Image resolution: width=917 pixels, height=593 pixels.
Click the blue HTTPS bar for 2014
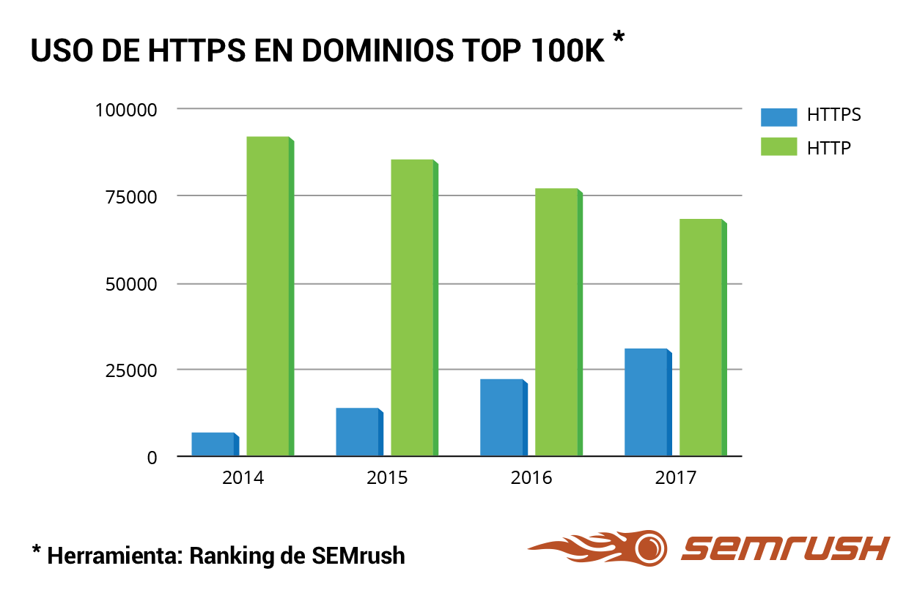214,444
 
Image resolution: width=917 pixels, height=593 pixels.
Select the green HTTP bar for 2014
269,296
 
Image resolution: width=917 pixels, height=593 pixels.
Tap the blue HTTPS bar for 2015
358,432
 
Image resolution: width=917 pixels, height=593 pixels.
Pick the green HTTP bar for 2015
413,307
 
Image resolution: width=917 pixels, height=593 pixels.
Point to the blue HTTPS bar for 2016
503,417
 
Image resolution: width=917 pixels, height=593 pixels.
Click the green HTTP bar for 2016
558,322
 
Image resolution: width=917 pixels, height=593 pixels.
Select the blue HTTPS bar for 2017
647,402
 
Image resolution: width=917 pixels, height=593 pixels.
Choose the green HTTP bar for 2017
702,337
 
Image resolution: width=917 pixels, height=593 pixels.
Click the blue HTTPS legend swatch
778,116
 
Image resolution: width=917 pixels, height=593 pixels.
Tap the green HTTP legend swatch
778,146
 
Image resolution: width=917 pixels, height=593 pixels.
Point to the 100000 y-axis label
126,110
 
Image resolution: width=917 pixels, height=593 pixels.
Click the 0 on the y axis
152,458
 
